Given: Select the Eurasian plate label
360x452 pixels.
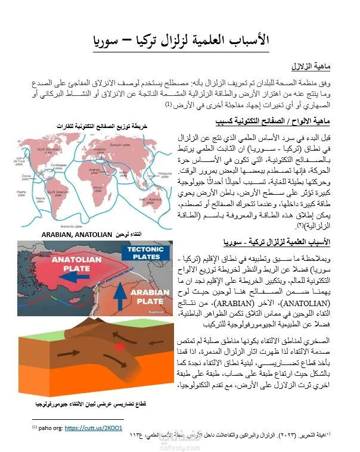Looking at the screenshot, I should tap(119, 145).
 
